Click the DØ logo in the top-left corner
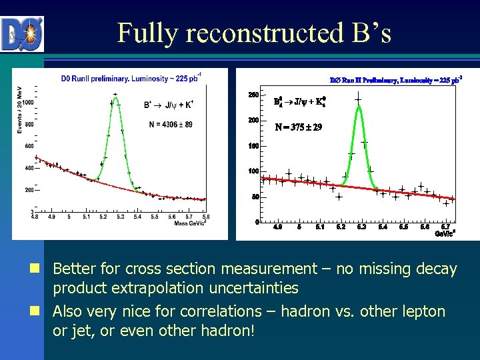coord(22,34)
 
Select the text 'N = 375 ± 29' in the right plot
coord(299,127)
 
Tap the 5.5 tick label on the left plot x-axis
coord(155,217)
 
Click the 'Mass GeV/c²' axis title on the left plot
coord(191,223)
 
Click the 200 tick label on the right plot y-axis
coord(253,121)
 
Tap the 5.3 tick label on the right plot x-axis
coord(361,227)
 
